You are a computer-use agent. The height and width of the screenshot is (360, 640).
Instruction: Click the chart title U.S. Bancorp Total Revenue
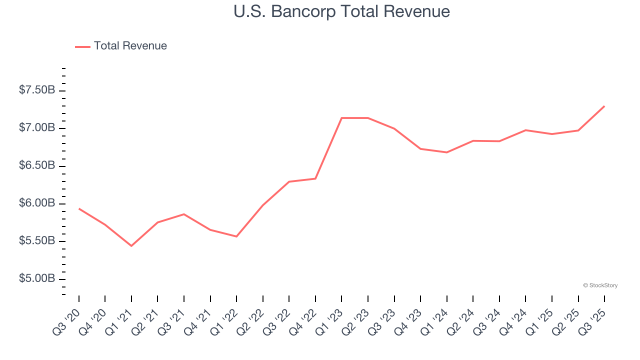point(341,11)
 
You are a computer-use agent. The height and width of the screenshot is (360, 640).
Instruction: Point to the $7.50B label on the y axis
point(37,90)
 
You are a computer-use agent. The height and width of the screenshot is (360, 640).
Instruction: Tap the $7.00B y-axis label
point(37,128)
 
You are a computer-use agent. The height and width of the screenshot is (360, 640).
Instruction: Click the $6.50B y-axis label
point(37,165)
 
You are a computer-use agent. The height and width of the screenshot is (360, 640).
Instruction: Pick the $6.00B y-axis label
point(37,203)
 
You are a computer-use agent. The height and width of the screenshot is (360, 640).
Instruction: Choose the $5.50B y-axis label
point(37,241)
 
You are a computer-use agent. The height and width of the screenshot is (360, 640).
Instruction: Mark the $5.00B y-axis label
point(37,278)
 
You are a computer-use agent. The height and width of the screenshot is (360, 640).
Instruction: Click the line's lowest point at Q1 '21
point(131,246)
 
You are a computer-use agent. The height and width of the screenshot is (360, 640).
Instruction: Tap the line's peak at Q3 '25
point(604,106)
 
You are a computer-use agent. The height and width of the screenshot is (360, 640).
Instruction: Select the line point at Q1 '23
point(341,118)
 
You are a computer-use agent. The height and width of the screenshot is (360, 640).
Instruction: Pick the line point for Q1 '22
point(236,236)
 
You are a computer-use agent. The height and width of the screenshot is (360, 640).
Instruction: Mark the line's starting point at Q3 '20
point(79,208)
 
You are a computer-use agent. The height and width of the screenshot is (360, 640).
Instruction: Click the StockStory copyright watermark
point(600,285)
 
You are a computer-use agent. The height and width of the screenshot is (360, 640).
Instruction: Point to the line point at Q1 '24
point(446,152)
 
